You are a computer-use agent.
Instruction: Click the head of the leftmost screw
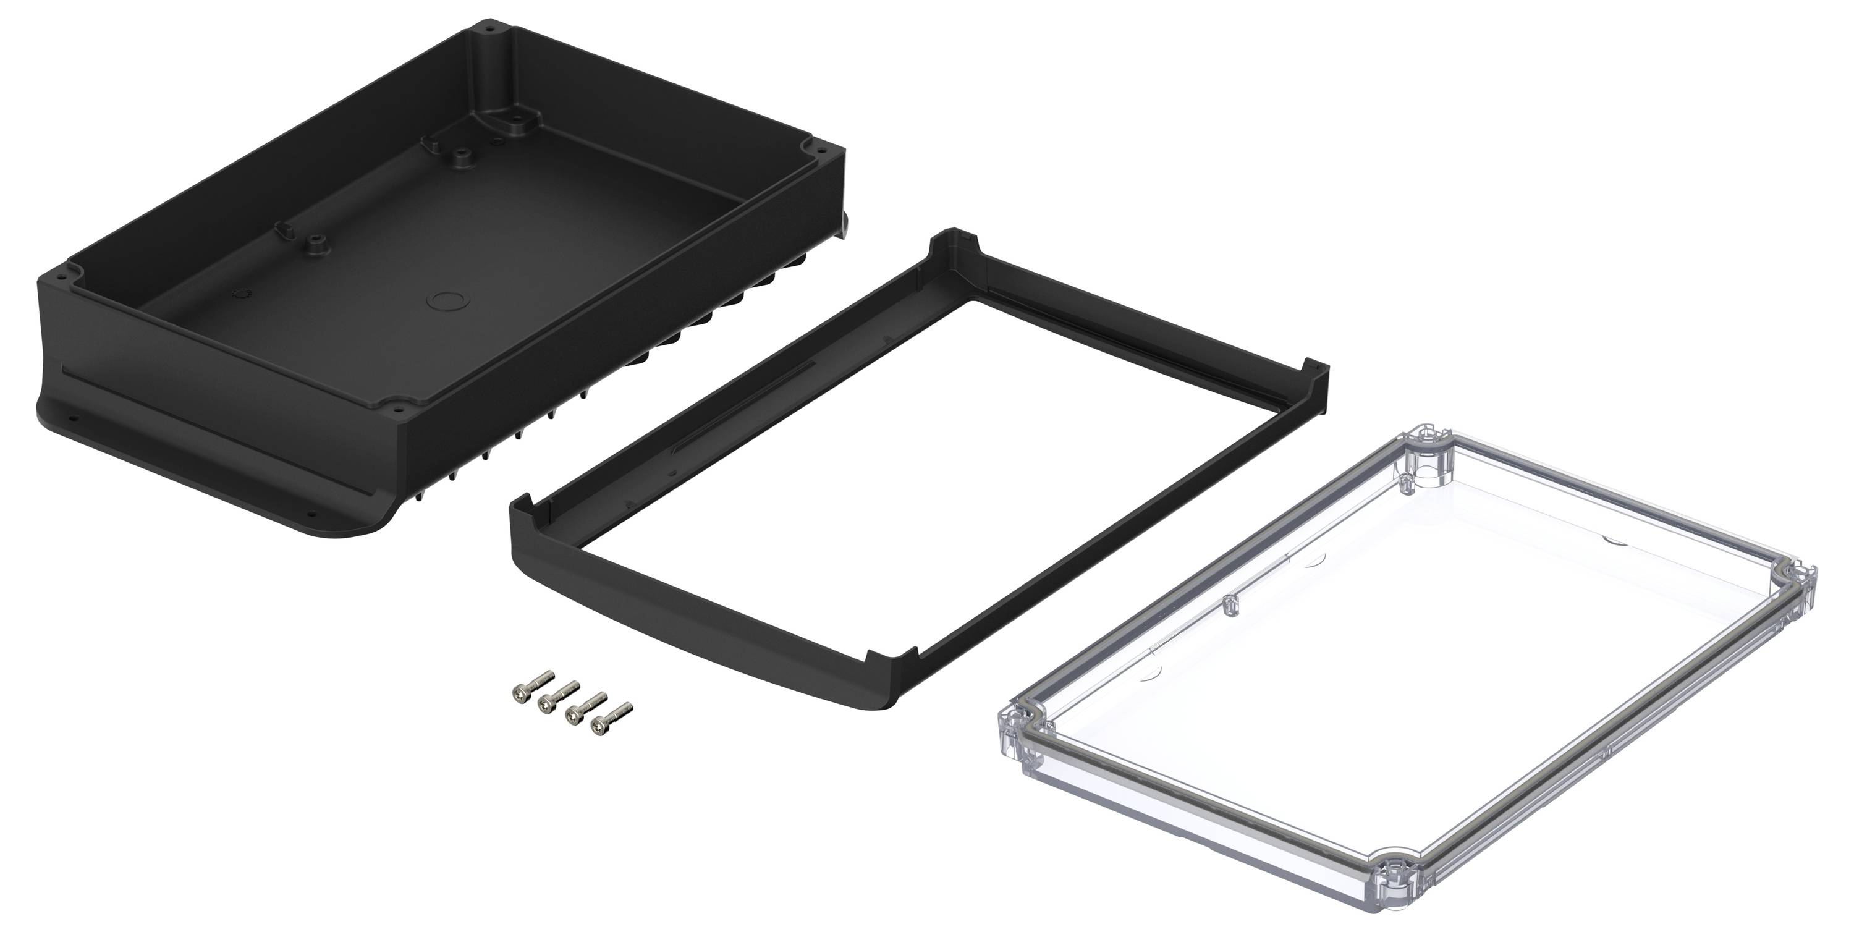tap(517, 692)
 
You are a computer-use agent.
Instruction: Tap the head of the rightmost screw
tap(598, 728)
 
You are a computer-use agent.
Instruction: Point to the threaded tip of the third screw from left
tap(603, 696)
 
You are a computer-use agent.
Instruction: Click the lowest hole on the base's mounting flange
tap(311, 515)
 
